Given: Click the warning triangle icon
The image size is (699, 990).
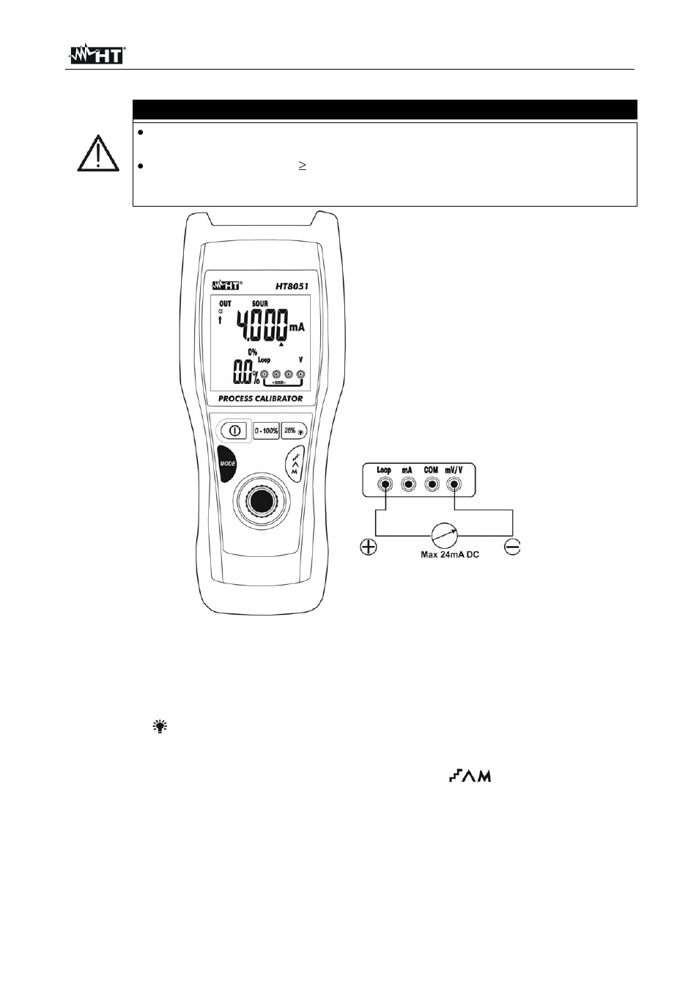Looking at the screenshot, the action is (98, 153).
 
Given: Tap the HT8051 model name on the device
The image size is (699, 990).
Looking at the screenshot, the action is (292, 287).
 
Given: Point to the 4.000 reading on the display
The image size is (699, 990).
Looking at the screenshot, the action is (262, 325).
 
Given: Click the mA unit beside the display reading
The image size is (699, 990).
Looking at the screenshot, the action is (297, 328).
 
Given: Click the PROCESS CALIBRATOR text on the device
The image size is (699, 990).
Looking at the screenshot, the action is (261, 398).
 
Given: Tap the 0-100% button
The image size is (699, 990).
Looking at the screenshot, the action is (266, 430).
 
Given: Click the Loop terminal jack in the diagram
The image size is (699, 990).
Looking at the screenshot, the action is (385, 485).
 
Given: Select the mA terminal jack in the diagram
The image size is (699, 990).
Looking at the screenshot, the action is (408, 485).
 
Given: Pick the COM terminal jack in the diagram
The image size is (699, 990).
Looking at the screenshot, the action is (432, 485).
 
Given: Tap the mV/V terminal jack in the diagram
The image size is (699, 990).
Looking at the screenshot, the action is (454, 485).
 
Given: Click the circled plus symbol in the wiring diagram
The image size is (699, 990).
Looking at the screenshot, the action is (369, 547).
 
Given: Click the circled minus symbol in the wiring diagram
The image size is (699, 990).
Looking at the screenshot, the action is (513, 547).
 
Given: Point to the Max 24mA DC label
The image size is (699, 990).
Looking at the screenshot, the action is (449, 554).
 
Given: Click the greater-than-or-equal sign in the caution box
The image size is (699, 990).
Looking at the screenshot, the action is (302, 166).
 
